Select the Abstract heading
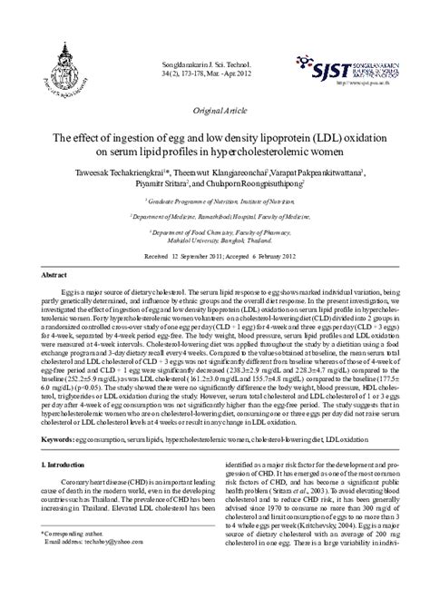pyautogui.click(x=57, y=273)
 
